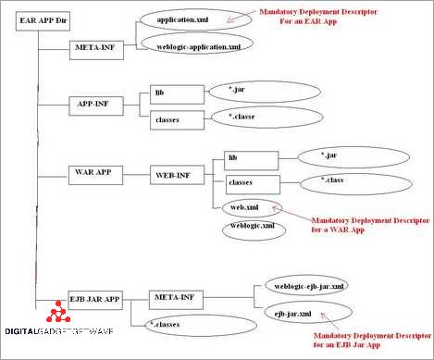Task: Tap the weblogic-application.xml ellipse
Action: [x=195, y=44]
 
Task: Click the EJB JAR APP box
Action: [x=96, y=298]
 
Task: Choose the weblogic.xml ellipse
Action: [x=252, y=226]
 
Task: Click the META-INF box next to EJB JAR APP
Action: [x=176, y=298]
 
